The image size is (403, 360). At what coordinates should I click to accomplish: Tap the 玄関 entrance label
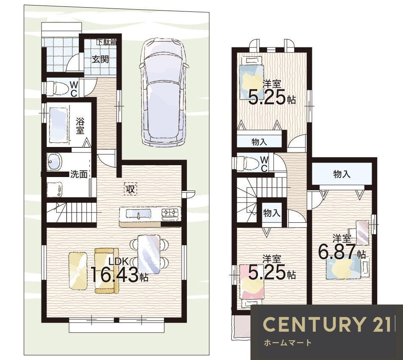100,59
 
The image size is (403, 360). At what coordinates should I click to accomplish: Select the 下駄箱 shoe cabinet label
106,42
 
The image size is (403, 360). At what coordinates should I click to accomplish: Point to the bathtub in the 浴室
58,125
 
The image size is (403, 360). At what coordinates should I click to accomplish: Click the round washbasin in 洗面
54,162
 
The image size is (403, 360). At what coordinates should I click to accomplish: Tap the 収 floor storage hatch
131,189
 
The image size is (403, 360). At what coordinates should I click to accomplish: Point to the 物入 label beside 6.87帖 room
342,174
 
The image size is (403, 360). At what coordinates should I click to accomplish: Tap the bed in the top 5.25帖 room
252,79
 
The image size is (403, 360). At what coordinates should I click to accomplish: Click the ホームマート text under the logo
288,343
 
